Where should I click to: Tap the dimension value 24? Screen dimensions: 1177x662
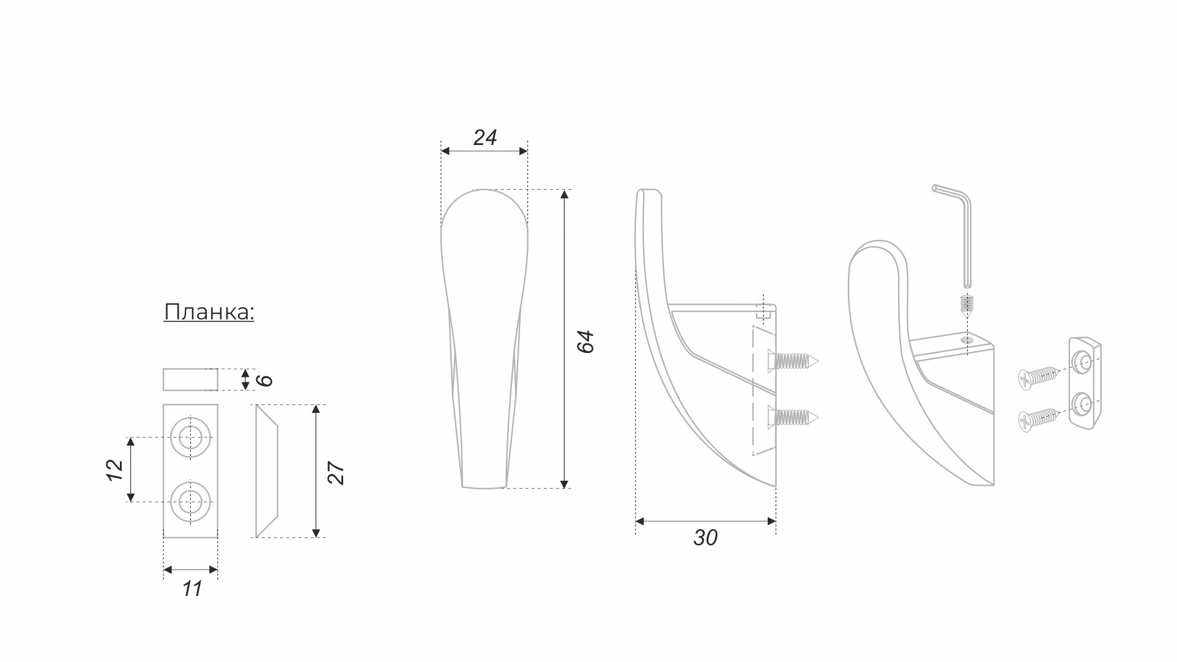pyautogui.click(x=485, y=138)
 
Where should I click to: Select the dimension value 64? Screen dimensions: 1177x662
pyautogui.click(x=585, y=341)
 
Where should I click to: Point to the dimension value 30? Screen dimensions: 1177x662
pyautogui.click(x=705, y=538)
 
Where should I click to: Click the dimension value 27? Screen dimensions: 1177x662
pyautogui.click(x=336, y=473)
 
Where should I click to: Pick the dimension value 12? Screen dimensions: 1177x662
pyautogui.click(x=115, y=470)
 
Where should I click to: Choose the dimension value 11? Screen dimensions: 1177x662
pyautogui.click(x=191, y=589)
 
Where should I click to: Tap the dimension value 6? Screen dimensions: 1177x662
pyautogui.click(x=264, y=380)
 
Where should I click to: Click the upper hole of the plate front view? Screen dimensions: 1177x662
pyautogui.click(x=190, y=437)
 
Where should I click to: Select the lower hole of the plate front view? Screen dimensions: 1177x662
pyautogui.click(x=190, y=502)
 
